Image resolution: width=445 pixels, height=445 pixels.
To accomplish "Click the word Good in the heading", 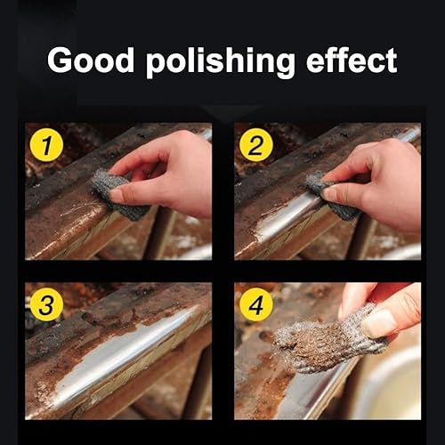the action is (x=91, y=61).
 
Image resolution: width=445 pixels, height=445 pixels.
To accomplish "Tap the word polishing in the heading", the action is (x=221, y=62).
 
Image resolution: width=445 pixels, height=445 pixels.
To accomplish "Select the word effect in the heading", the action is (x=352, y=61).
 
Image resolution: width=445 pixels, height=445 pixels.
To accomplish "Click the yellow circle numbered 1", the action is (x=46, y=145).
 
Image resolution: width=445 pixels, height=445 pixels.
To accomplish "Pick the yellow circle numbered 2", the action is (x=256, y=145).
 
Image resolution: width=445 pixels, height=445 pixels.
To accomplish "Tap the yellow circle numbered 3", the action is (x=46, y=304).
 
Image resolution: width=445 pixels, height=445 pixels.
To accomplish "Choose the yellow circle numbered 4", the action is (x=256, y=304).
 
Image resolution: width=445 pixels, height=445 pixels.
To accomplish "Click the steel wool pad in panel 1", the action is (x=118, y=194).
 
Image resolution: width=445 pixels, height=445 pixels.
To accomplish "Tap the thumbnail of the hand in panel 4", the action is (x=378, y=323).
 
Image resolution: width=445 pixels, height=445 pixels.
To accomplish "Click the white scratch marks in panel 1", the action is (x=77, y=210).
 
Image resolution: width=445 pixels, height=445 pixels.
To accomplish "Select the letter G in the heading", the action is (x=60, y=61).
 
